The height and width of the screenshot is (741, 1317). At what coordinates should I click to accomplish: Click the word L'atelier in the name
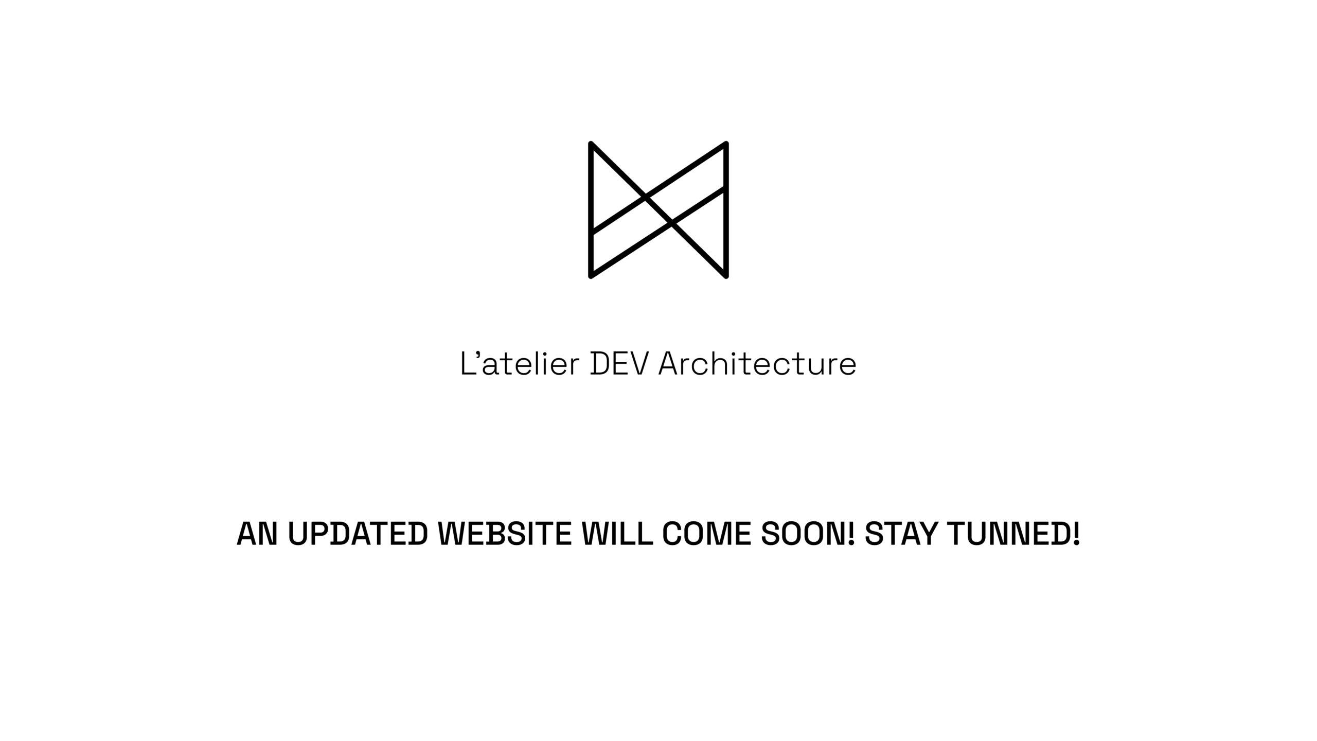[x=520, y=363]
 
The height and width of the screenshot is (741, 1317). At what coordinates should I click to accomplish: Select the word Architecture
[x=757, y=363]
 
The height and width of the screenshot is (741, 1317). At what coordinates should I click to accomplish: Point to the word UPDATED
[x=358, y=534]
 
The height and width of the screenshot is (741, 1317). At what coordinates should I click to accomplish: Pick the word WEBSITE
[x=505, y=534]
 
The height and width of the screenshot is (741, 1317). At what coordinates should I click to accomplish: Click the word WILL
[x=617, y=534]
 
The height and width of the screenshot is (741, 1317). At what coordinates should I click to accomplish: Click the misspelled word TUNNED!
[x=1013, y=534]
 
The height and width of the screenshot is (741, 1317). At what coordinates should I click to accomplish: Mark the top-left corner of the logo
[x=591, y=144]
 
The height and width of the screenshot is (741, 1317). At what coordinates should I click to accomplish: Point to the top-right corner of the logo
[x=726, y=144]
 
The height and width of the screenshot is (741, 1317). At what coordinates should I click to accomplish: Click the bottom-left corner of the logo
[x=591, y=276]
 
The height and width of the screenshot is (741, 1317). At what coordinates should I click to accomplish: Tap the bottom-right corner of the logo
[x=726, y=276]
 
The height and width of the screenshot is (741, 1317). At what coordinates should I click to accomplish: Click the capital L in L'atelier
[x=468, y=364]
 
